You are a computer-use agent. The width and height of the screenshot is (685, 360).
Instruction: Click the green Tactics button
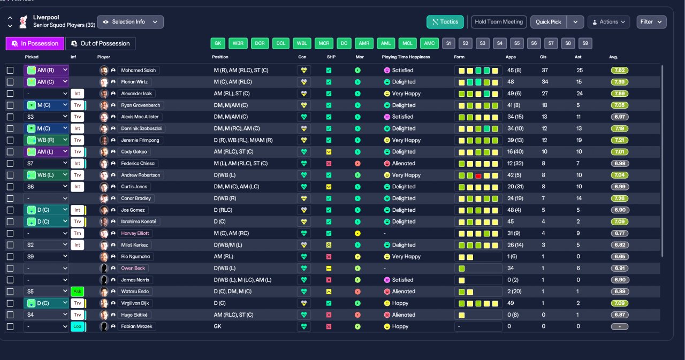click(445, 22)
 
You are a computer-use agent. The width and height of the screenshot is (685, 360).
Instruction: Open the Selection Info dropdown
click(130, 22)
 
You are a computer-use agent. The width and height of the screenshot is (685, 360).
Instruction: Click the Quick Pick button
click(549, 22)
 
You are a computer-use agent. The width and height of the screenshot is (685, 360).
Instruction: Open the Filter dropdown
click(651, 22)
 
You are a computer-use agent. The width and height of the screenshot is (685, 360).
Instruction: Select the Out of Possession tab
click(100, 43)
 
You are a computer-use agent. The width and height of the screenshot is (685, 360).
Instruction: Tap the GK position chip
click(218, 43)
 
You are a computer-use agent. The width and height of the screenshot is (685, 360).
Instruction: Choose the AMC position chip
click(429, 43)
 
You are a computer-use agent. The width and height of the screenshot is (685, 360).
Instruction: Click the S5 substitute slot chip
click(517, 43)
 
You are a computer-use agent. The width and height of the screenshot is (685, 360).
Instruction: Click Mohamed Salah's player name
click(138, 70)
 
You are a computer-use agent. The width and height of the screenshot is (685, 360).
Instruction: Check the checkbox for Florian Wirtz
click(10, 82)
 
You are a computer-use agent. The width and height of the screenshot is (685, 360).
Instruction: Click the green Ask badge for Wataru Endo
click(78, 292)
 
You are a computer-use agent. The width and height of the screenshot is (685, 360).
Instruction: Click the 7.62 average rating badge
click(620, 70)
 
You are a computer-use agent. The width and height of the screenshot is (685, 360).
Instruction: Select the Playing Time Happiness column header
click(406, 57)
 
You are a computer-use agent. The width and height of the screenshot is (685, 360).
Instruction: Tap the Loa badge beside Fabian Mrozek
click(78, 326)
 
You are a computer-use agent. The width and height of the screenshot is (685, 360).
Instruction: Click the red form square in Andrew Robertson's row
click(478, 175)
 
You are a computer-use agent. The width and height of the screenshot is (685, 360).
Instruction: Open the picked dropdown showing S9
click(46, 257)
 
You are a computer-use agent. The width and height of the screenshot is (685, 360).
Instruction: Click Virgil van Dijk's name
click(135, 303)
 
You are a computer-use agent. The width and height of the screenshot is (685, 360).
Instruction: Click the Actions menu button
click(608, 22)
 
